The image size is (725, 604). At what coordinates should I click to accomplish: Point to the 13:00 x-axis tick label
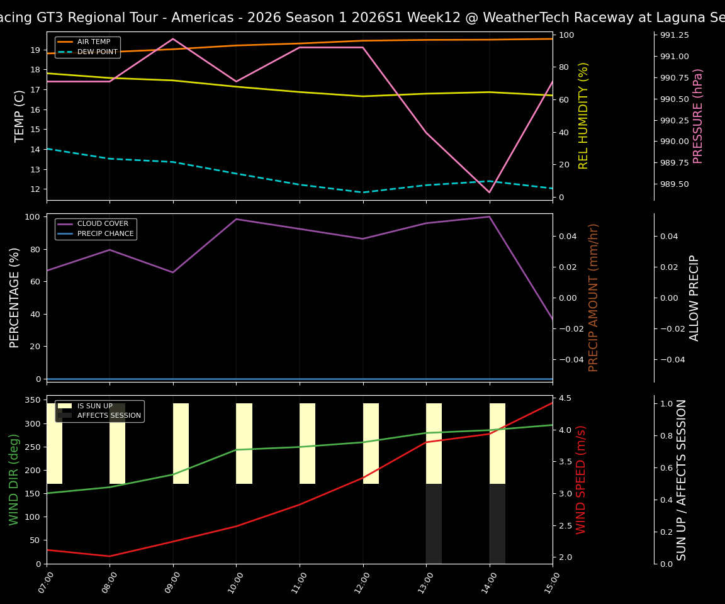pos(422,584)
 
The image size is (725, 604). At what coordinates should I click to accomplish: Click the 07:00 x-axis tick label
pos(43,584)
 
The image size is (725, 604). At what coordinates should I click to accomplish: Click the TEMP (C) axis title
pos(20,116)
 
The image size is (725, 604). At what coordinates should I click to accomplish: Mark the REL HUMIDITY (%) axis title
pos(583,116)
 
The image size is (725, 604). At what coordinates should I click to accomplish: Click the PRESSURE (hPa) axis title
pos(698,116)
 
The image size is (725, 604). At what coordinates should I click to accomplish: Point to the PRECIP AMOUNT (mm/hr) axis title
pos(593,297)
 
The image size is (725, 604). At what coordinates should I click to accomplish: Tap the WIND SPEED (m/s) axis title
pos(581,479)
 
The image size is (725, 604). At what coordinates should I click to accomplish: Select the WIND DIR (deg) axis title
pos(14,479)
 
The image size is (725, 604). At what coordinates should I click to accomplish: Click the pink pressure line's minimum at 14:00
pos(489,193)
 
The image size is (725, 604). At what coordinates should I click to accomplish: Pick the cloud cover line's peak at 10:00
pos(236,219)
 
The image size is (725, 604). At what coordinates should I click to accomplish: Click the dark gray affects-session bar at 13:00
pos(434,523)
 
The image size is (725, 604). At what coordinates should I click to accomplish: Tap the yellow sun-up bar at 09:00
pos(181,444)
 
